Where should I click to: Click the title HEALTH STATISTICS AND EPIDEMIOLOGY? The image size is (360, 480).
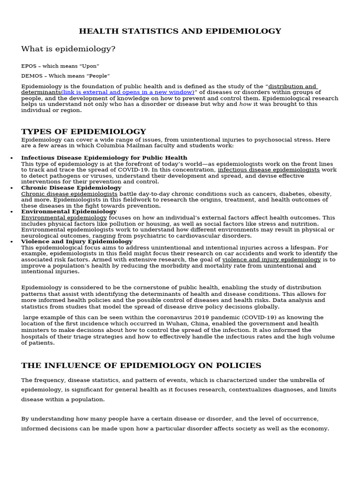tap(180, 31)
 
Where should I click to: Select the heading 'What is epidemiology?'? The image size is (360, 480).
tap(68, 49)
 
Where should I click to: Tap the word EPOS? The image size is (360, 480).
tap(29, 66)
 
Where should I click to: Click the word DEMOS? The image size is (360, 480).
tap(30, 75)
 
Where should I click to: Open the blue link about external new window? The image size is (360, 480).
tap(127, 92)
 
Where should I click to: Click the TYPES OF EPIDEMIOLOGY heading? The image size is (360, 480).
tap(83, 132)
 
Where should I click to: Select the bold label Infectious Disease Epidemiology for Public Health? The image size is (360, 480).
tap(104, 158)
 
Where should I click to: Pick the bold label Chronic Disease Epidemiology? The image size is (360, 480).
tap(71, 188)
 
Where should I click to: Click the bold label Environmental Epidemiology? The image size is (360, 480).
tap(69, 212)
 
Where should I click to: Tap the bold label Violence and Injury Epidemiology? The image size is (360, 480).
tap(77, 242)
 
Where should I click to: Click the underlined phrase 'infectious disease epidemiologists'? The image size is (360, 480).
tap(269, 170)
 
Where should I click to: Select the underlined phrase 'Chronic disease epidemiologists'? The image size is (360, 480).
tap(69, 194)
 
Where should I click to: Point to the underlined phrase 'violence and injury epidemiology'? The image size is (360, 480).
tap(271, 260)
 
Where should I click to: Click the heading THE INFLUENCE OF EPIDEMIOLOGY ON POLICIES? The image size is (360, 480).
tap(141, 366)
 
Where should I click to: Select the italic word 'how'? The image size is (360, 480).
tap(245, 105)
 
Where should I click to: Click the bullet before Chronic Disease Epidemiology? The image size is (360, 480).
tap(12, 188)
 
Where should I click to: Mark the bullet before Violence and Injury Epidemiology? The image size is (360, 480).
tap(12, 242)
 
